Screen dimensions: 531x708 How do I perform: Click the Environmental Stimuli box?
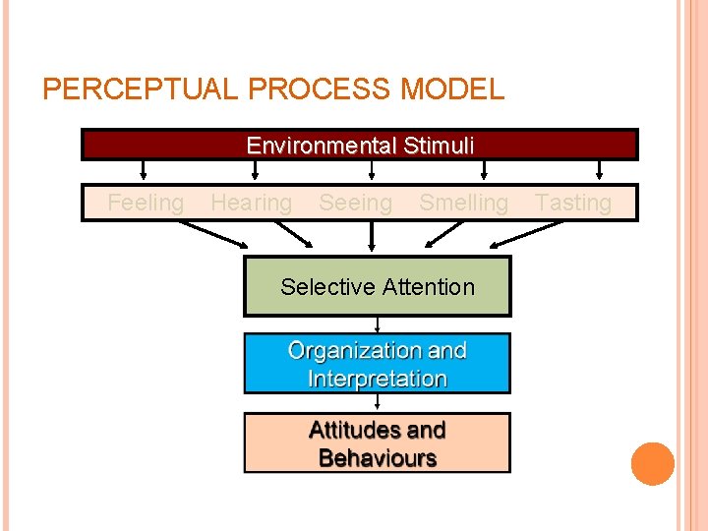coord(360,146)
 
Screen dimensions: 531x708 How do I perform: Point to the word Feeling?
coord(146,204)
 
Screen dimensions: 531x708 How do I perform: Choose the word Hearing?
coord(252,204)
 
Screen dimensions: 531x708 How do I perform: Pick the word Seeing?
coord(355,204)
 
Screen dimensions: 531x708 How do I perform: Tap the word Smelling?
coord(463,204)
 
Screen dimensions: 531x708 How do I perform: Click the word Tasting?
coord(573,204)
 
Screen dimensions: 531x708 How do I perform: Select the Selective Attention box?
coord(378,287)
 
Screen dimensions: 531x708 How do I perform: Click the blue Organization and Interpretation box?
coord(378,364)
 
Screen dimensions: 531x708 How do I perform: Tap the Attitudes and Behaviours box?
coord(378,443)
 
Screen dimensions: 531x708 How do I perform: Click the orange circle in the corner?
coord(653,464)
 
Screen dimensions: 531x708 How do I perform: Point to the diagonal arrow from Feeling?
coord(213,234)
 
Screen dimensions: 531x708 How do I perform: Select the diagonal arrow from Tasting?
coord(529,234)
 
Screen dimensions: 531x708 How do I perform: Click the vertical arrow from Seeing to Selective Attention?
coord(372,237)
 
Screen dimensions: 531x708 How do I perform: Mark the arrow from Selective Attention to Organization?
coord(378,324)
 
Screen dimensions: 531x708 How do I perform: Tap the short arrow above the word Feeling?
coord(145,171)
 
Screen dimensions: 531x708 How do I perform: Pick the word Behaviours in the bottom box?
coord(378,458)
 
